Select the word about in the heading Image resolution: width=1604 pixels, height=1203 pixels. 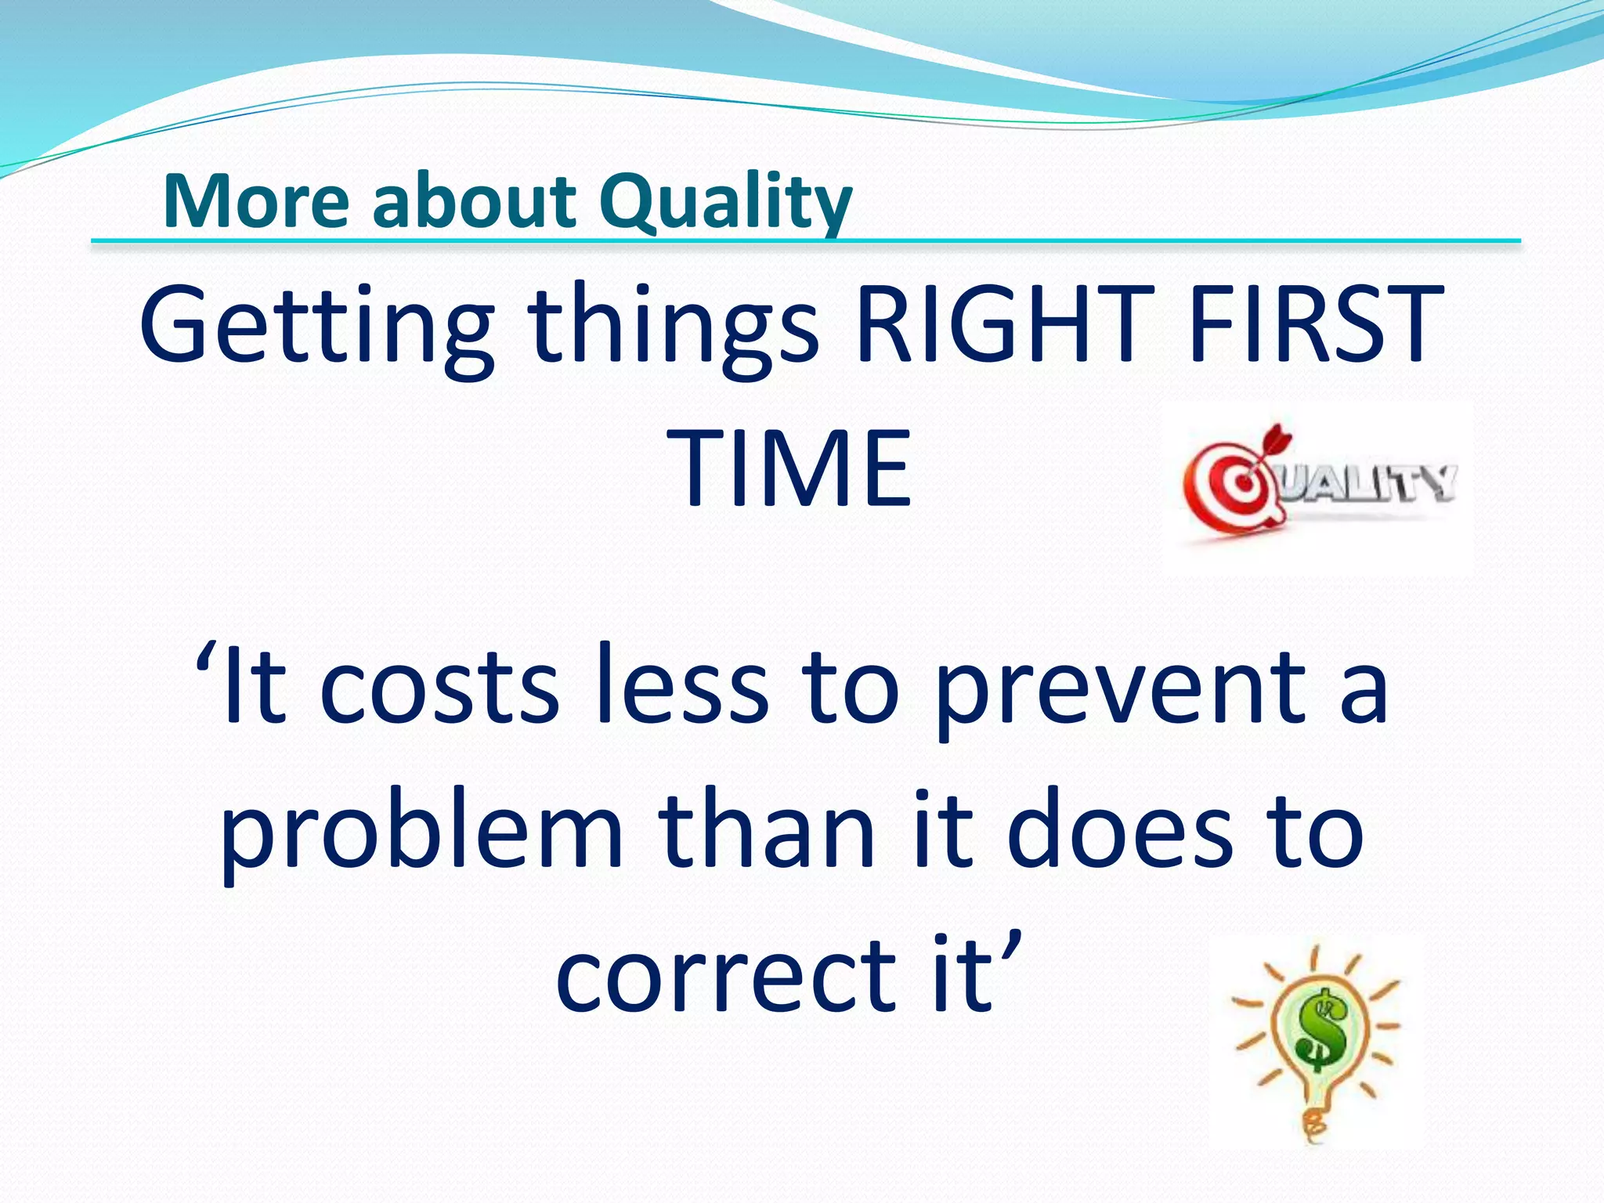[x=474, y=202]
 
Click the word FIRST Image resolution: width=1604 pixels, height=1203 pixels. [x=1316, y=325]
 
